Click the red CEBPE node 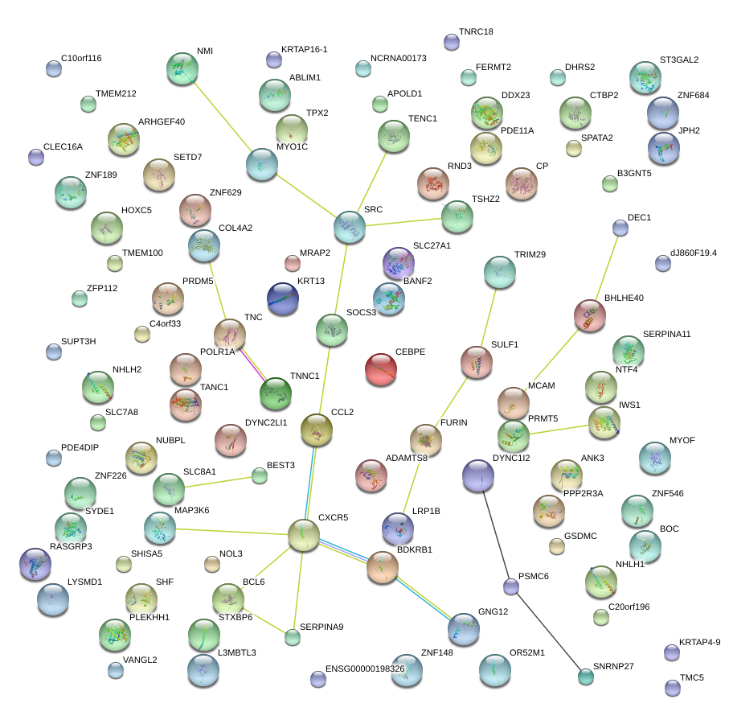pyautogui.click(x=381, y=369)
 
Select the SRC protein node pyautogui.click(x=349, y=228)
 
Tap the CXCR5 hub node pyautogui.click(x=304, y=535)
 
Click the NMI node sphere pyautogui.click(x=182, y=68)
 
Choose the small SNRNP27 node pyautogui.click(x=586, y=677)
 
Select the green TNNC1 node pyautogui.click(x=276, y=393)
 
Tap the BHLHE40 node pyautogui.click(x=590, y=315)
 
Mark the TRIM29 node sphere pyautogui.click(x=500, y=273)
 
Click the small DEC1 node pyautogui.click(x=620, y=228)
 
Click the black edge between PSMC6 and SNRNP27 pyautogui.click(x=548, y=631)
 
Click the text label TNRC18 pyautogui.click(x=476, y=32)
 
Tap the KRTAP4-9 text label pyautogui.click(x=699, y=642)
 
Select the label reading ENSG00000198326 pyautogui.click(x=365, y=669)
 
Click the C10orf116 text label pyautogui.click(x=81, y=59)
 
